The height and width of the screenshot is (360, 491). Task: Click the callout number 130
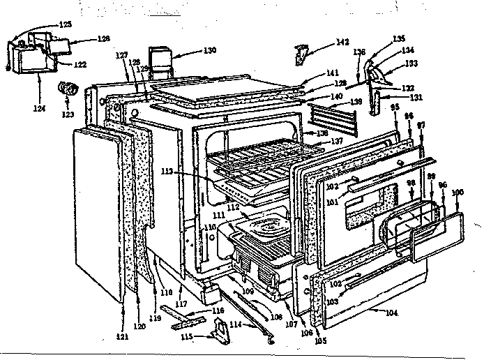coord(209,50)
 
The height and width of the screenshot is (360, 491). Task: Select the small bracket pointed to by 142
coord(302,53)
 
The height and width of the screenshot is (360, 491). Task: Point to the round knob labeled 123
coord(69,89)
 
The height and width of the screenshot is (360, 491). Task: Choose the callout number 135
coord(399,38)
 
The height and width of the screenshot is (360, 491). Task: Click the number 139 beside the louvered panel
coord(356,102)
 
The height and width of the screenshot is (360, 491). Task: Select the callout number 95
coord(395,107)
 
